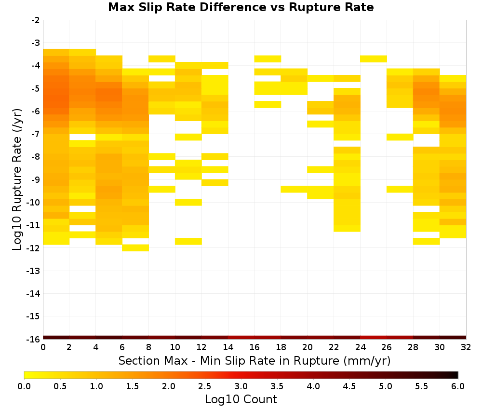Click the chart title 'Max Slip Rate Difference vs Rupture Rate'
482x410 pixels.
point(241,7)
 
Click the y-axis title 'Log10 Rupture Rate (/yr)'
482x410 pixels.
point(17,179)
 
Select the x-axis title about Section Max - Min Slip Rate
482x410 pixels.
point(254,361)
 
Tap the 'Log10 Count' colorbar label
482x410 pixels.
point(241,399)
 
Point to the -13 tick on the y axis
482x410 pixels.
point(33,271)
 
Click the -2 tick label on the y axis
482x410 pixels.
point(36,20)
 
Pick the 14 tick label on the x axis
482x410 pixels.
point(228,347)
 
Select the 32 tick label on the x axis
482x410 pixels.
point(466,347)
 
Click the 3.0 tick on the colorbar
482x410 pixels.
point(241,386)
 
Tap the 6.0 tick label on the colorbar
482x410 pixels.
point(458,386)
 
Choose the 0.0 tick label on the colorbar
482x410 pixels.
point(24,386)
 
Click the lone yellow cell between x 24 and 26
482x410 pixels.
point(374,59)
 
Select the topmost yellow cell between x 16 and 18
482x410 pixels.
point(268,59)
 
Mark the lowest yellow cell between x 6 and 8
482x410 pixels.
point(135,247)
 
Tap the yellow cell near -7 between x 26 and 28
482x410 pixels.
point(400,137)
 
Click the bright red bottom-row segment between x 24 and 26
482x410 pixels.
point(374,338)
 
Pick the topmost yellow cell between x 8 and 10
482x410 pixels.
point(162,59)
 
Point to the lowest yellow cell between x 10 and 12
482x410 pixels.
point(188,241)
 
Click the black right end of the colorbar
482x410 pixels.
point(455,375)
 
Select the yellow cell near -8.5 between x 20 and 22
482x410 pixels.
point(321,169)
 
